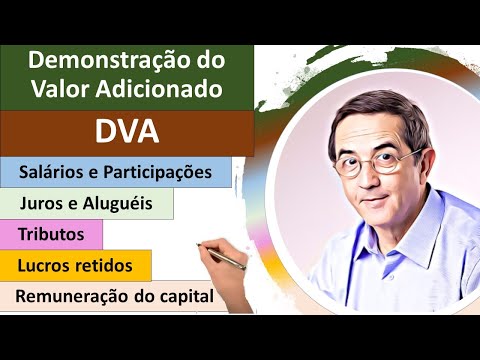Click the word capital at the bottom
point(188,297)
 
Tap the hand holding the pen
point(213,251)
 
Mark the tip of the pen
point(246,267)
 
